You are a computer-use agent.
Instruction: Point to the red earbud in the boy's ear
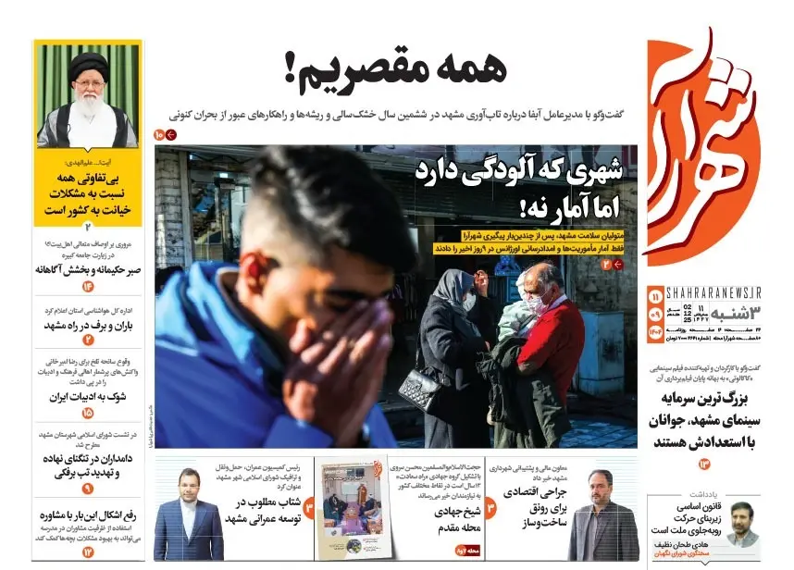click(250, 269)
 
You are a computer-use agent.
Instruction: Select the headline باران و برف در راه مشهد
click(89, 326)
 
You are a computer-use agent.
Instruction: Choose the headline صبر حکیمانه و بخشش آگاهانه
click(89, 269)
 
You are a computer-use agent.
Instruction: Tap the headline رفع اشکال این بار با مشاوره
click(89, 516)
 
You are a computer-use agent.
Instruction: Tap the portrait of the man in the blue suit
click(188, 518)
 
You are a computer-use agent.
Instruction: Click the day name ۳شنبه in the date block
click(737, 316)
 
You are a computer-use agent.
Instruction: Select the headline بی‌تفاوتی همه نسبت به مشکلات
click(88, 192)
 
